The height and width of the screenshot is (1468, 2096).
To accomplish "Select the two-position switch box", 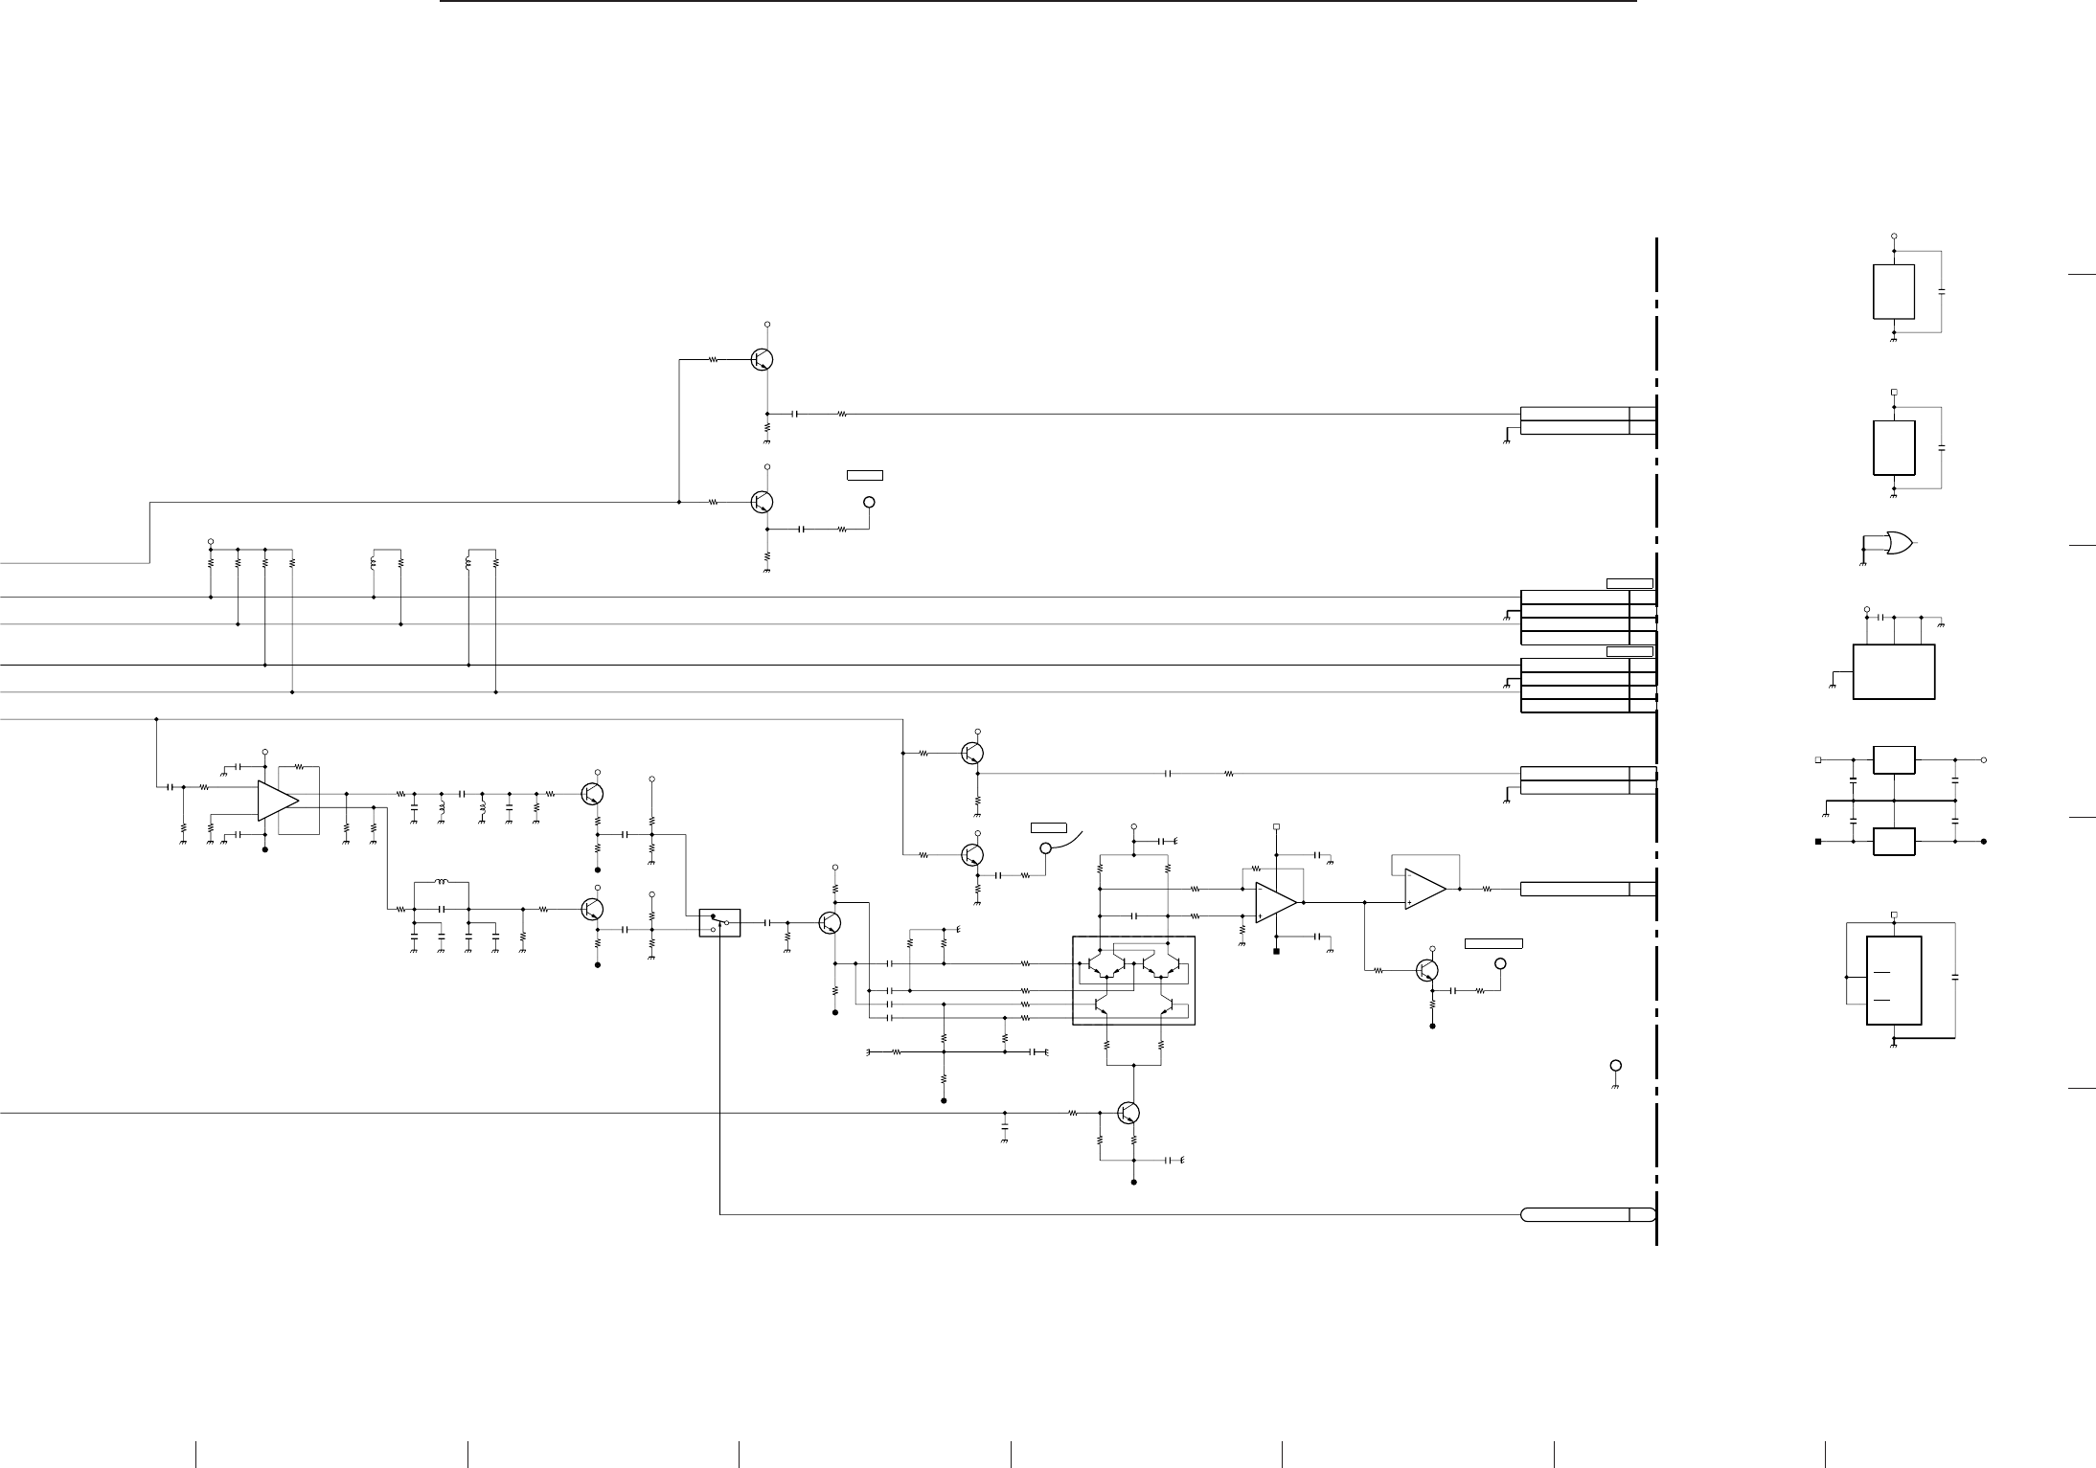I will pyautogui.click(x=719, y=922).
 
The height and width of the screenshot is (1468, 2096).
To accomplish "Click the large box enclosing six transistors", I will pyautogui.click(x=1133, y=980).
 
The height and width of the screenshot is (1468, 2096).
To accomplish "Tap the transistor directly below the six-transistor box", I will pyautogui.click(x=1129, y=1113).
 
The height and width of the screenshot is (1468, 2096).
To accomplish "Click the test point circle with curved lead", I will pyautogui.click(x=1046, y=847).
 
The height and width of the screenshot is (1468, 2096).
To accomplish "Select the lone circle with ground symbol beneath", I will pyautogui.click(x=1615, y=1065).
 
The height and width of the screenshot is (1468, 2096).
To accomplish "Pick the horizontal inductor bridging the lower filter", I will pyautogui.click(x=441, y=882).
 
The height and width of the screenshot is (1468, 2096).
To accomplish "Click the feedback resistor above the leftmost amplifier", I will pyautogui.click(x=299, y=767).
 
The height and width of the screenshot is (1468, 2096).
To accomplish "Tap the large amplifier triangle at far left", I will pyautogui.click(x=277, y=801).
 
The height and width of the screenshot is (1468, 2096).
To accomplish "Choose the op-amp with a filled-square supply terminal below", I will pyautogui.click(x=1276, y=902).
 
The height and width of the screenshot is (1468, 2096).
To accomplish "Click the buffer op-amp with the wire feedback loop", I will pyautogui.click(x=1424, y=889).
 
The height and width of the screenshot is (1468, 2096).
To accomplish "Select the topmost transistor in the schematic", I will pyautogui.click(x=763, y=359).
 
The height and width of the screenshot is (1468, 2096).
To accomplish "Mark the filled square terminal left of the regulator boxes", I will pyautogui.click(x=1817, y=842).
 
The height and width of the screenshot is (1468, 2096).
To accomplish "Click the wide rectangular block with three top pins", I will pyautogui.click(x=1894, y=671).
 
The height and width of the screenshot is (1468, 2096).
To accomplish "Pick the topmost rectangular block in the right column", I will pyautogui.click(x=1894, y=291).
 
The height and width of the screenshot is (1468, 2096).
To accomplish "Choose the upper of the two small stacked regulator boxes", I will pyautogui.click(x=1894, y=759).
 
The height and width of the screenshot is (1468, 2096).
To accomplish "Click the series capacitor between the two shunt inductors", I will pyautogui.click(x=462, y=794).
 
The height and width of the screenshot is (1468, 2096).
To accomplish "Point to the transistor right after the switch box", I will pyautogui.click(x=830, y=922).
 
